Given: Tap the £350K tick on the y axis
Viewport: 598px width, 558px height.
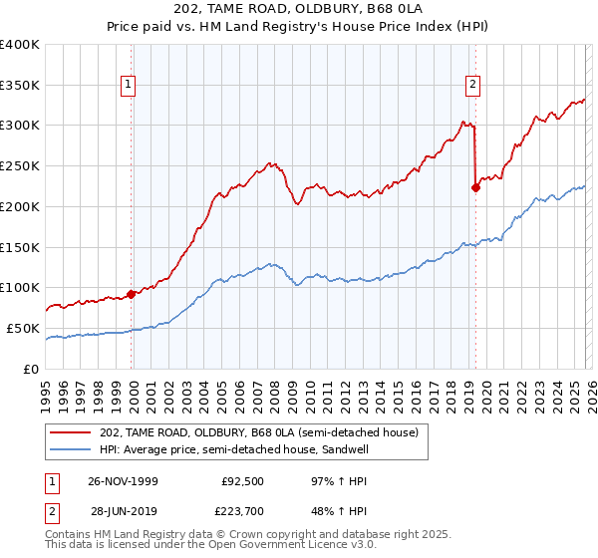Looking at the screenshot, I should pyautogui.click(x=20, y=85).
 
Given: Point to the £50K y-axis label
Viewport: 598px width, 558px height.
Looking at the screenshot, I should pyautogui.click(x=23, y=328).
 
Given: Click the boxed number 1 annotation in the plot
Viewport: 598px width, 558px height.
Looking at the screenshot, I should pyautogui.click(x=130, y=86).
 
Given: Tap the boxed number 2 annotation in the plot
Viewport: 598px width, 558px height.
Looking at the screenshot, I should pyautogui.click(x=472, y=86).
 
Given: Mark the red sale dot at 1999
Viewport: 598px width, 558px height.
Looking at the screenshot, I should pyautogui.click(x=132, y=294).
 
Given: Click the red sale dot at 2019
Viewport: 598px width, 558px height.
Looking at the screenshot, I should pyautogui.click(x=475, y=187).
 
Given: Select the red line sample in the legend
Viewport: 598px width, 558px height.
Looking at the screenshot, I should pyautogui.click(x=71, y=432).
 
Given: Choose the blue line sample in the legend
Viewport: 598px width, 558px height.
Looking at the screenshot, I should pyautogui.click(x=71, y=449).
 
